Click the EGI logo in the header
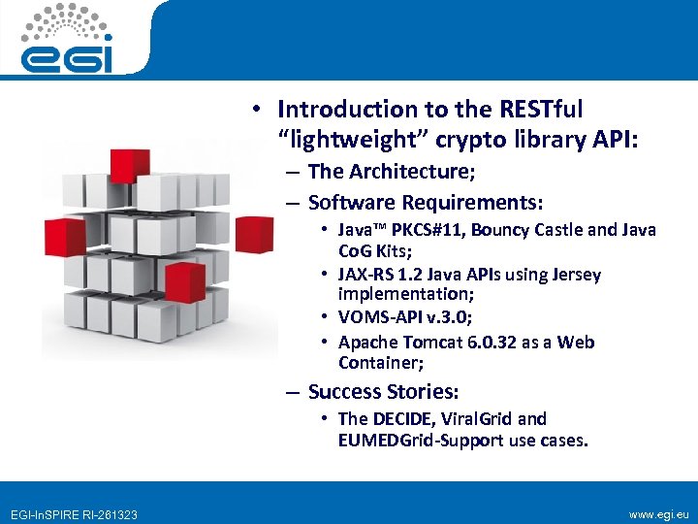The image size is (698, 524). tap(69, 39)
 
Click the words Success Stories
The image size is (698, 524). tap(383, 392)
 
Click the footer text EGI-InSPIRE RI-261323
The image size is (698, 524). tap(74, 513)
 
